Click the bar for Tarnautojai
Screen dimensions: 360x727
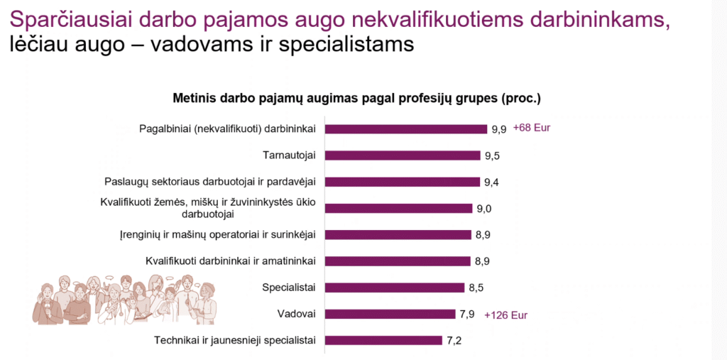coord(403,156)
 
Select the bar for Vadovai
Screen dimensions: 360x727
coord(390,314)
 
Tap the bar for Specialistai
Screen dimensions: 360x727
coord(395,288)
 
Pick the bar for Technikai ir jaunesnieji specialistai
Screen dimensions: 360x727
coord(383,340)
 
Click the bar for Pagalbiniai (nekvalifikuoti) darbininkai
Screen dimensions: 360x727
coord(406,129)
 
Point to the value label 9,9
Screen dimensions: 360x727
coord(499,129)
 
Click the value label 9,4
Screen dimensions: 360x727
coord(492,182)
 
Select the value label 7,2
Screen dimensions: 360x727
coord(454,340)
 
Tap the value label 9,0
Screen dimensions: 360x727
coord(483,208)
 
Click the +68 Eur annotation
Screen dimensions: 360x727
coord(532,129)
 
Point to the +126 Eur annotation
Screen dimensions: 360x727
coord(506,315)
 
